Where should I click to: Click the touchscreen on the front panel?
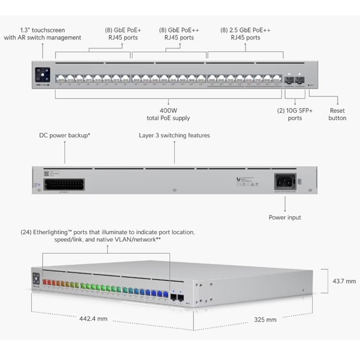(x=42, y=75)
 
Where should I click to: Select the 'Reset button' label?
(x=337, y=114)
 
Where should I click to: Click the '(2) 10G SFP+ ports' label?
(x=294, y=114)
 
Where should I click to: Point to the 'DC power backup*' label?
(x=65, y=136)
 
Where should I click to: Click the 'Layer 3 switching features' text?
(x=175, y=136)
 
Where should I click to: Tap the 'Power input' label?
(x=285, y=217)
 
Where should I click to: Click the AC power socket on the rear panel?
(x=285, y=182)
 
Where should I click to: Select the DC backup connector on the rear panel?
(x=64, y=184)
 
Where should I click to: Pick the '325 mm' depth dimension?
(x=265, y=320)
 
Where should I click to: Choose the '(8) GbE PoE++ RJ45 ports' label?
(x=178, y=33)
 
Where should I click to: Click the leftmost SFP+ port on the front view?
(x=289, y=79)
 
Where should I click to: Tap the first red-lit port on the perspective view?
(x=45, y=282)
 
